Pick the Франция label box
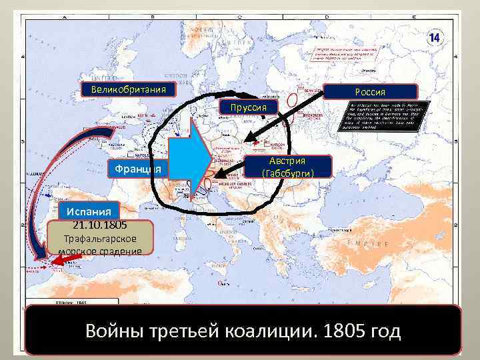(137, 169)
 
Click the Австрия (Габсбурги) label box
(287, 167)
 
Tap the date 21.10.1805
(100, 225)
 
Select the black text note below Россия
(383, 117)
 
